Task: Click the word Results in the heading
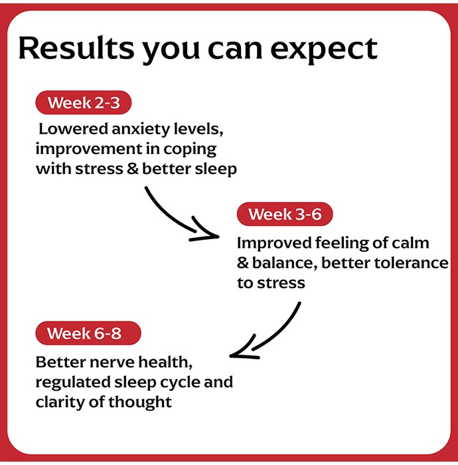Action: click(x=76, y=48)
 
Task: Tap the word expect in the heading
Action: click(x=324, y=50)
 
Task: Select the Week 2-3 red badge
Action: click(x=83, y=102)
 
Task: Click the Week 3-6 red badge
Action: click(x=285, y=214)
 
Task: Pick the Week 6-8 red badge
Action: click(x=88, y=333)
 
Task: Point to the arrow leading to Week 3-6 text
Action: click(x=175, y=219)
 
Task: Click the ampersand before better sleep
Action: click(x=133, y=169)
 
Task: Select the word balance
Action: click(x=285, y=263)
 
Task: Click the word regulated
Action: click(x=73, y=383)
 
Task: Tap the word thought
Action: click(x=140, y=403)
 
